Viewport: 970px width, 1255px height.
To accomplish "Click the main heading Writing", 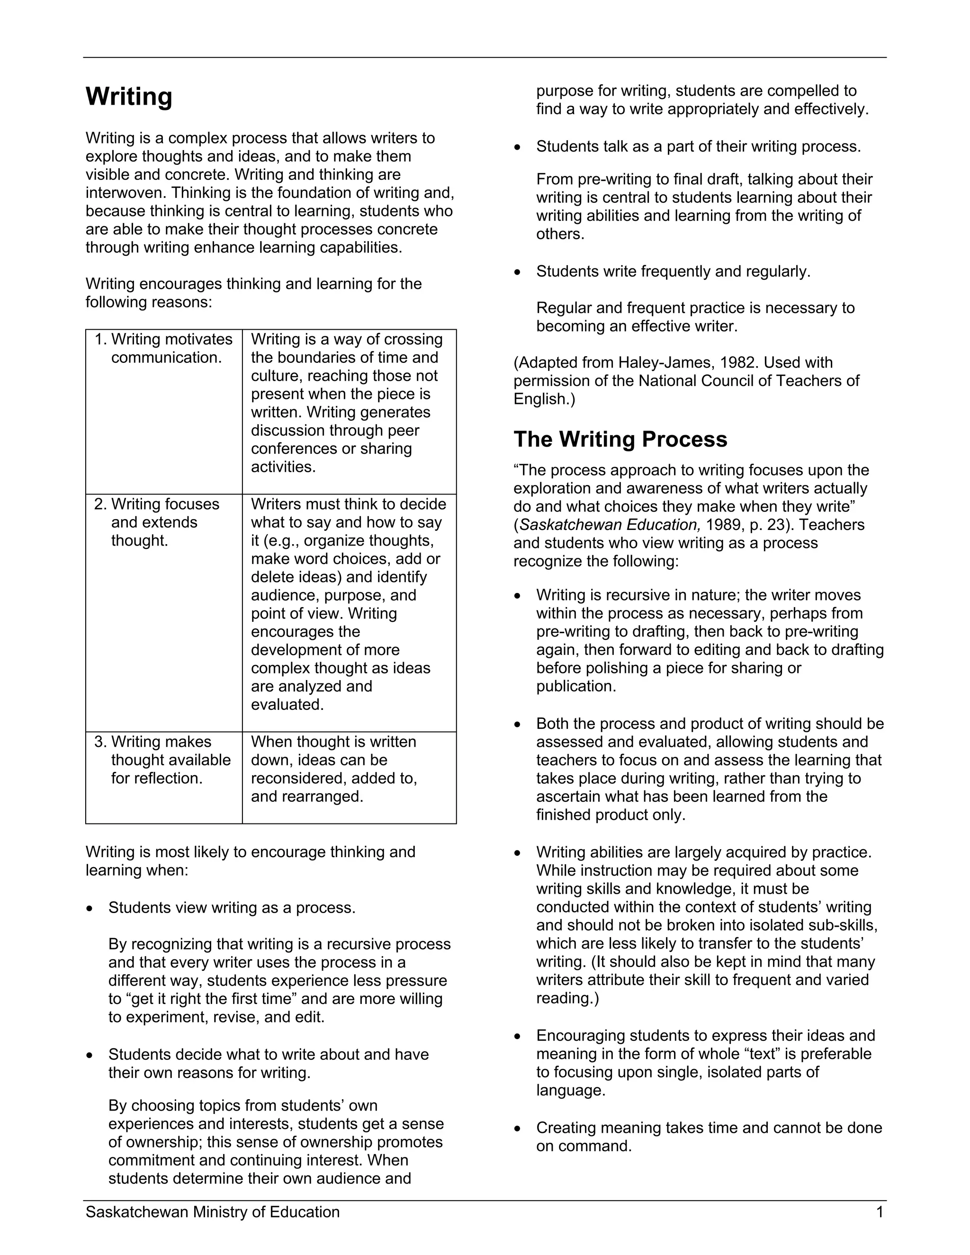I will pos(129,97).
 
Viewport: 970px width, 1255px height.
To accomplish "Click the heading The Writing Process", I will pos(620,439).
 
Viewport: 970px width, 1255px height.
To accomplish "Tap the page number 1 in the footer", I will pos(879,1212).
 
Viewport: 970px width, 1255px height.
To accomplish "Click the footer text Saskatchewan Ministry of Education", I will pos(213,1212).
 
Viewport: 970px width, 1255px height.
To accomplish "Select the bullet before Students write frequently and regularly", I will pos(517,272).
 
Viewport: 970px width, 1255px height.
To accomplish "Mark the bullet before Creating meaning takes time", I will pos(517,1129).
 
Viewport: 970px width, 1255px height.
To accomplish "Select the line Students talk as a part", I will pos(698,146).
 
